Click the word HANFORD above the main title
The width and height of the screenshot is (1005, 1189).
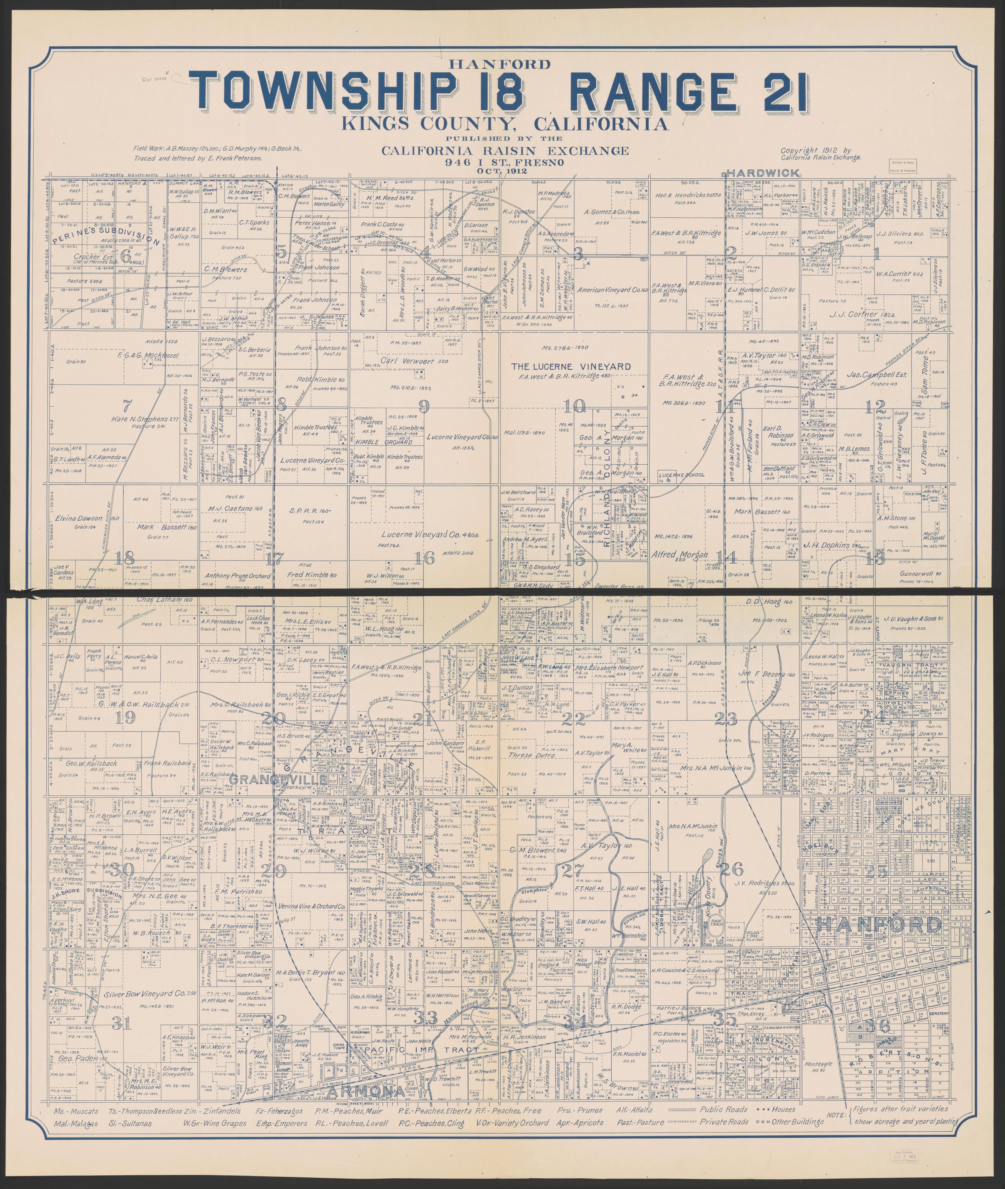[502, 64]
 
